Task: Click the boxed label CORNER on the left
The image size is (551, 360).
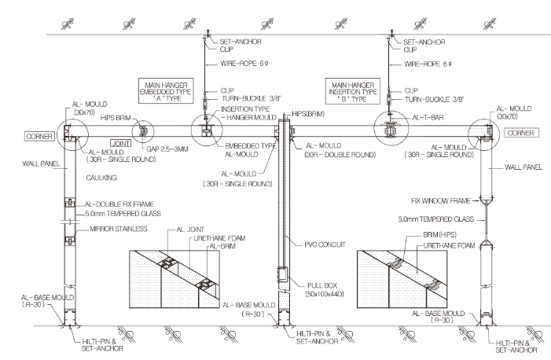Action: (x=40, y=137)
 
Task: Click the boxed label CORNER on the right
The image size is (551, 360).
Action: (x=521, y=133)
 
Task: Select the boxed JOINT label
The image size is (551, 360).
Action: (x=120, y=143)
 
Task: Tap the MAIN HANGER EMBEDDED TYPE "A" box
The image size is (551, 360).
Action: (x=166, y=91)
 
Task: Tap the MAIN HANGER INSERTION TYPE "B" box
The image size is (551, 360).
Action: (x=353, y=91)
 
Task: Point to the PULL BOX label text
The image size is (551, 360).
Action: (x=322, y=285)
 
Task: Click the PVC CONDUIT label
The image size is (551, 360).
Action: (x=325, y=244)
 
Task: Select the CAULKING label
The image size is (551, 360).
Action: (x=101, y=178)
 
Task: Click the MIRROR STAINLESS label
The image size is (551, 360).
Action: (x=119, y=229)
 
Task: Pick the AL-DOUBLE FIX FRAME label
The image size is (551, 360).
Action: (x=119, y=204)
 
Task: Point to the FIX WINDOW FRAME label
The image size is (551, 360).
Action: (x=441, y=200)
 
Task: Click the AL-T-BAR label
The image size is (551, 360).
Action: (x=428, y=117)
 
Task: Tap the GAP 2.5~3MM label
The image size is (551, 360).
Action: (x=167, y=149)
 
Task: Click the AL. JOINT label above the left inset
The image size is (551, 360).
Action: (x=190, y=230)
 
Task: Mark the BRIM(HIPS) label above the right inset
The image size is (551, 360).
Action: (x=439, y=234)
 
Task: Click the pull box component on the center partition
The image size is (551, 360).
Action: (x=282, y=274)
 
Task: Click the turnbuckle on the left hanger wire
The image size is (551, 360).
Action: (x=207, y=103)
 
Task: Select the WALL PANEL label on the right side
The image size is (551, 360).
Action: (x=523, y=167)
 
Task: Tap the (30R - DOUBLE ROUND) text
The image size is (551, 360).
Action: (x=340, y=154)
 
